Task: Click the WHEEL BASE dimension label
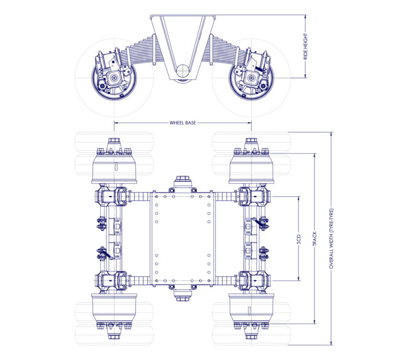183,123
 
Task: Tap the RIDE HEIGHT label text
306,46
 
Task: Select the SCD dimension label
299,239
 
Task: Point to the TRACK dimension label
314,239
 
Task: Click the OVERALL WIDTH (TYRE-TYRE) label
331,239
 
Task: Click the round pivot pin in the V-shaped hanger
183,70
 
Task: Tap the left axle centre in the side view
114,78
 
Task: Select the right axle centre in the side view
251,78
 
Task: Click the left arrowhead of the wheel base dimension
116,123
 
